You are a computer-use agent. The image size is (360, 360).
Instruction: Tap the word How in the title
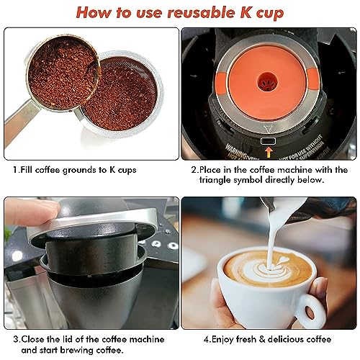point(95,12)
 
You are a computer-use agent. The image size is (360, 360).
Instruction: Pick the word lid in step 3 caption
point(76,337)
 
